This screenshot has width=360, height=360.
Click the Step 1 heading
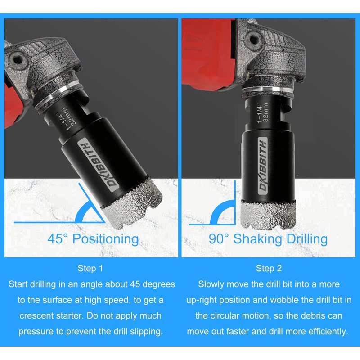click(90, 268)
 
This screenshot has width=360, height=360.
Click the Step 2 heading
click(269, 268)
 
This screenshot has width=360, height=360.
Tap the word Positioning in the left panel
click(106, 239)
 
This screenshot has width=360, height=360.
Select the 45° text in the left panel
click(58, 238)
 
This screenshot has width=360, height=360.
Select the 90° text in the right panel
click(219, 238)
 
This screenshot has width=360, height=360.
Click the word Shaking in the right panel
click(257, 239)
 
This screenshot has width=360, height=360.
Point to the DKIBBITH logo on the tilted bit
click(98, 165)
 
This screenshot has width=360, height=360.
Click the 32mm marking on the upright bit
click(265, 112)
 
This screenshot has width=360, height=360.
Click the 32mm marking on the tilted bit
click(69, 117)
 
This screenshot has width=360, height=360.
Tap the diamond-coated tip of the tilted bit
click(132, 203)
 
